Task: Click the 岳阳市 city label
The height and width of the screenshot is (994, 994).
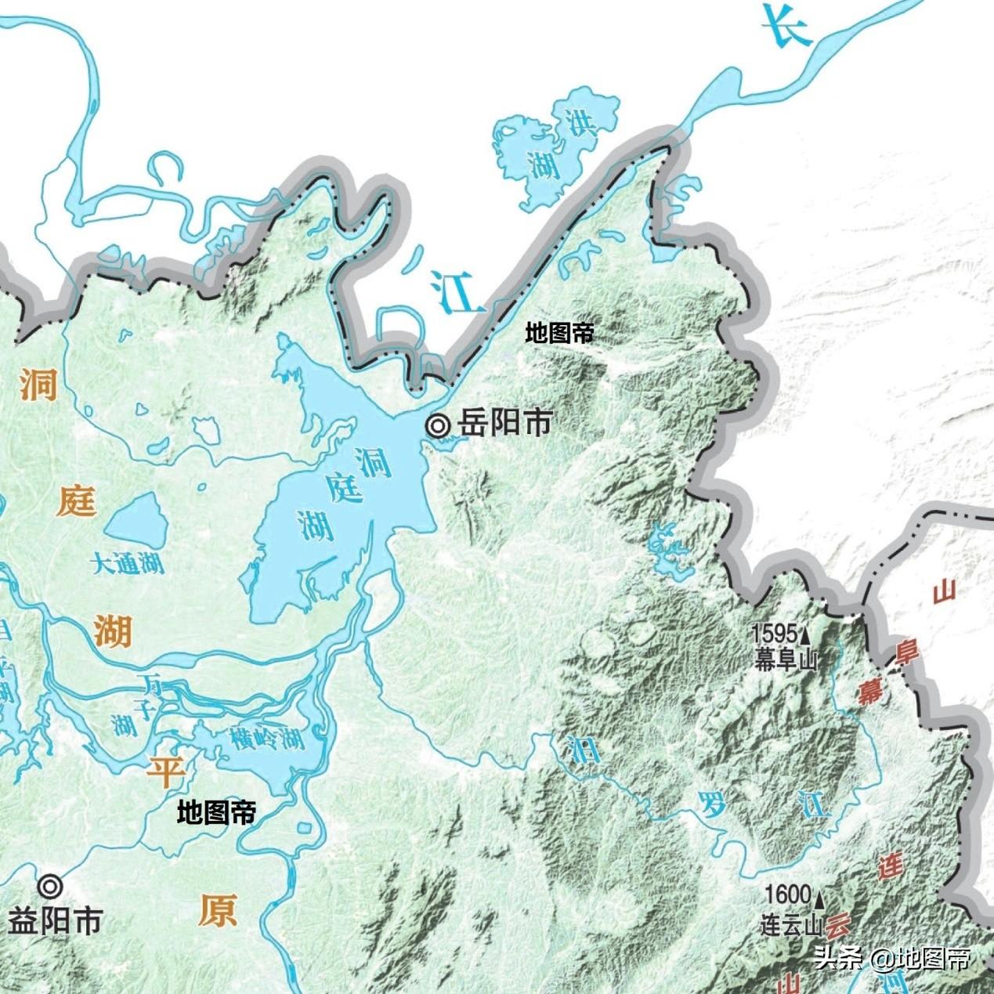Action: pyautogui.click(x=505, y=424)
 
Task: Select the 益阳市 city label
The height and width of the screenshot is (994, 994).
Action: pyautogui.click(x=54, y=922)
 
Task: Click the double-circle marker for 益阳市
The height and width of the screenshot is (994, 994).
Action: pyautogui.click(x=52, y=886)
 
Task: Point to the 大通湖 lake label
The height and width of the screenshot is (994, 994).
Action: pyautogui.click(x=128, y=563)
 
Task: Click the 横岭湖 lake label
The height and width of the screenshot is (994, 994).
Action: pyautogui.click(x=267, y=739)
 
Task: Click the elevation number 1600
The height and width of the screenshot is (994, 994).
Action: pyautogui.click(x=787, y=894)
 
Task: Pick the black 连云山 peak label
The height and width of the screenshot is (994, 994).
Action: pyautogui.click(x=792, y=925)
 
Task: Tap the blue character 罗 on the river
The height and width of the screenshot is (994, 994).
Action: pyautogui.click(x=713, y=804)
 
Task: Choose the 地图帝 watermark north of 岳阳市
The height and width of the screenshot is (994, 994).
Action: pyautogui.click(x=559, y=334)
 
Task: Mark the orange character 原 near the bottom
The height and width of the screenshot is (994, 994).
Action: pyautogui.click(x=217, y=912)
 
